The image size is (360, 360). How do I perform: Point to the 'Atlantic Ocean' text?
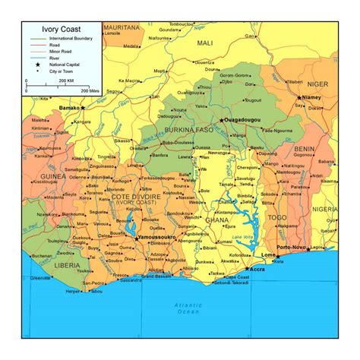point(180,308)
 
